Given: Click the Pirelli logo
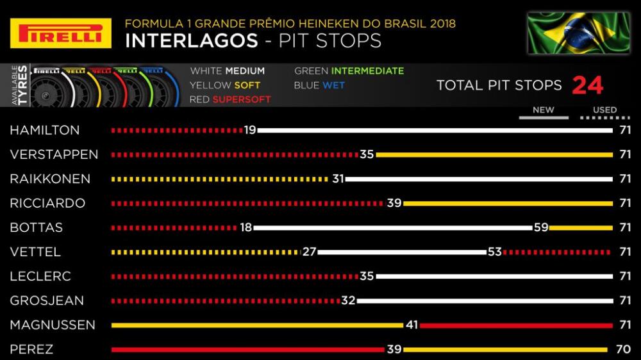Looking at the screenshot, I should coord(56,33).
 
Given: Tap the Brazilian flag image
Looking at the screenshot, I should coord(579,33).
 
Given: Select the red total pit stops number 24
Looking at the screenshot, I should coord(587,85).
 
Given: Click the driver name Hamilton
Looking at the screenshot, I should coord(45,130).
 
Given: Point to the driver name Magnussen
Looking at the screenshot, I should coord(53,325).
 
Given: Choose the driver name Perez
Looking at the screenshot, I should coord(31,350).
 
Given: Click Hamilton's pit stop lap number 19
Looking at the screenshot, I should coord(250,130).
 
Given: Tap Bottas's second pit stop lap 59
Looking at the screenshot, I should coord(540,227).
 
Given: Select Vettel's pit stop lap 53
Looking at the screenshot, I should coord(494,252).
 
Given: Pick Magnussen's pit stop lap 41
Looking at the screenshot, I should coord(412,325).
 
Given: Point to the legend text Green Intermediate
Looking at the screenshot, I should coord(349,71).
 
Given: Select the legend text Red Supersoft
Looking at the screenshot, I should coord(230,99).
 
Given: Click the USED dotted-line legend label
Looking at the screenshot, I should coord(604,110).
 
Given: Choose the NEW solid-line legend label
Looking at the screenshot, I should coord(543,110).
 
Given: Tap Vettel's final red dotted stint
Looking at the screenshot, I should coord(557,252).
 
